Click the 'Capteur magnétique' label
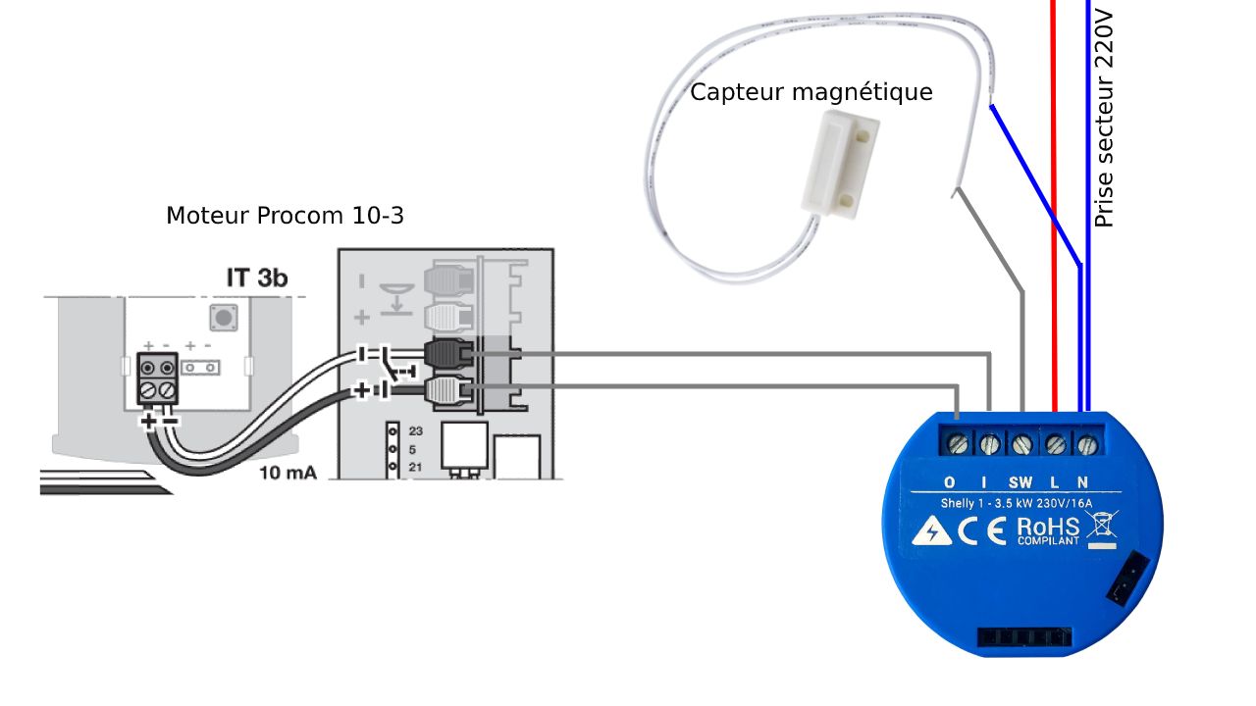(x=811, y=93)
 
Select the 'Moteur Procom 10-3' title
(x=285, y=216)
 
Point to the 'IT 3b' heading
(x=257, y=278)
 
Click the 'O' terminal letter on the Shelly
(x=949, y=482)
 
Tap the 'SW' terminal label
(x=1020, y=482)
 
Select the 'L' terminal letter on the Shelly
(x=1056, y=482)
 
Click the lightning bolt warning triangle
(x=931, y=532)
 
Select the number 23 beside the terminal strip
(x=415, y=430)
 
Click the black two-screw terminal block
(x=158, y=380)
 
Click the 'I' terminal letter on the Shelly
(x=984, y=482)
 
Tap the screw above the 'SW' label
(x=1021, y=445)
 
